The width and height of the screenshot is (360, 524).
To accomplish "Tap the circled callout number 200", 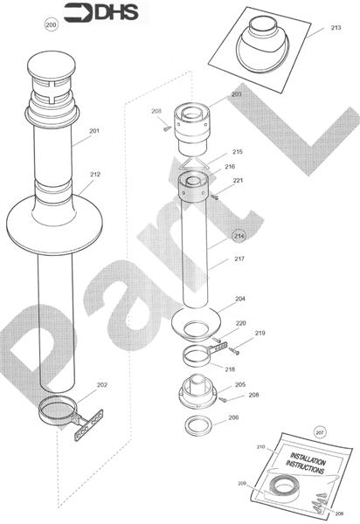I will tap(51, 25).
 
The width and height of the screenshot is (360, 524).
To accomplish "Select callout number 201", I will tap(94, 131).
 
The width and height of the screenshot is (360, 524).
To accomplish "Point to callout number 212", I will tap(94, 174).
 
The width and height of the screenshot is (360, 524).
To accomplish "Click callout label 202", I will tap(102, 384).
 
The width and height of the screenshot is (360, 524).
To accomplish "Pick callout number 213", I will tap(336, 28).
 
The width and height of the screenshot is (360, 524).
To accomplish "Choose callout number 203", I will tap(236, 93).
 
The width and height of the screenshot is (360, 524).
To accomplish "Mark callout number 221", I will tap(238, 180).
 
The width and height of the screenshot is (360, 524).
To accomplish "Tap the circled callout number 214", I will tap(239, 236).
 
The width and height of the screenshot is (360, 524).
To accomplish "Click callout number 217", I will tap(239, 259).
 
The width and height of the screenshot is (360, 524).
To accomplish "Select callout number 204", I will tap(239, 299).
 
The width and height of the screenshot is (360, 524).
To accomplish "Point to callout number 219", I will tap(260, 333).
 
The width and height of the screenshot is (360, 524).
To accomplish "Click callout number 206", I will tap(232, 417).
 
